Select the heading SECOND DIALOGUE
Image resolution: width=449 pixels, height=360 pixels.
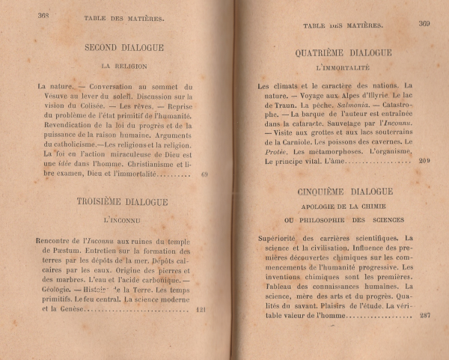125,48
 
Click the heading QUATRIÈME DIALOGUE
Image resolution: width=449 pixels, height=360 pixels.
344,53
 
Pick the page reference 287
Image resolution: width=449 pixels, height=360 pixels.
424,315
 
